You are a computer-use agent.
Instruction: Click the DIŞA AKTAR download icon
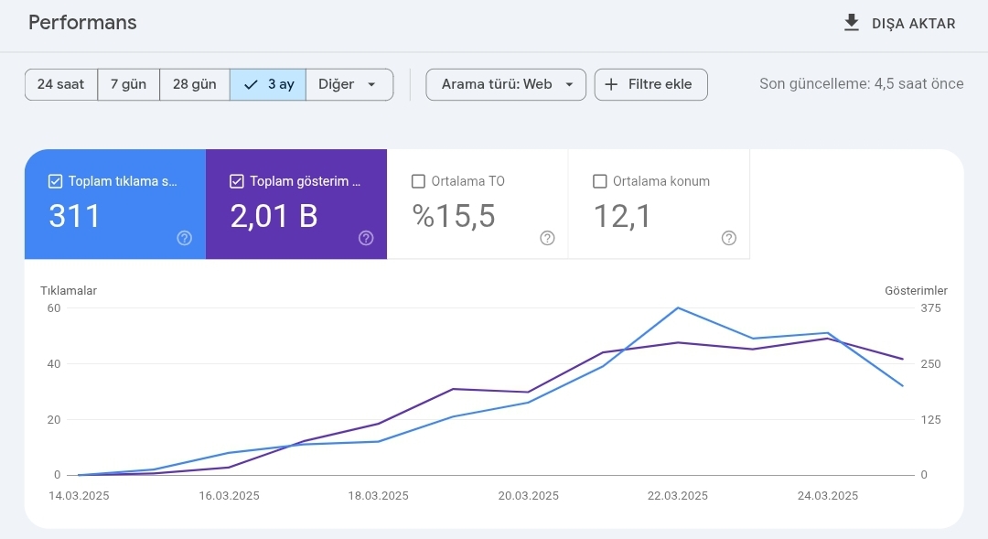click(852, 23)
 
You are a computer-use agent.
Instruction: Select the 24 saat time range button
click(60, 84)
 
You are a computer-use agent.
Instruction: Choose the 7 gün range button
click(128, 84)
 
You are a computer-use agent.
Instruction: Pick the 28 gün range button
click(194, 84)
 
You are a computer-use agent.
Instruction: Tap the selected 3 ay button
click(268, 84)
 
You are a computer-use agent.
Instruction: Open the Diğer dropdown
click(348, 84)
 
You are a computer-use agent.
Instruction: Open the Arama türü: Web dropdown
click(506, 84)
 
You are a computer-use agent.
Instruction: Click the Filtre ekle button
click(650, 84)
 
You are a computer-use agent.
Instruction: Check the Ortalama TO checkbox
click(419, 181)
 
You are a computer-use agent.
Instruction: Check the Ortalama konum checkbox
click(600, 181)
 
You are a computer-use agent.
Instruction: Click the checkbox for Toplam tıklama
click(56, 181)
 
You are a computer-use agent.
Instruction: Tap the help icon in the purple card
click(366, 238)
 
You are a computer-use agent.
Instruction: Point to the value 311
click(75, 216)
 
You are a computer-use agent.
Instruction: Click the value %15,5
click(454, 216)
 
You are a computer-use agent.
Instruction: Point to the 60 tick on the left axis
click(54, 308)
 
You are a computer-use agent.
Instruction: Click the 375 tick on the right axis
click(930, 308)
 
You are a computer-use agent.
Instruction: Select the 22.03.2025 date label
click(678, 496)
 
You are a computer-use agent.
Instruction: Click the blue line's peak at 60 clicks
click(678, 307)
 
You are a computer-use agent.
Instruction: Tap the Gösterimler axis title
click(916, 291)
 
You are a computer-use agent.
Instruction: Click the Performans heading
click(82, 23)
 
